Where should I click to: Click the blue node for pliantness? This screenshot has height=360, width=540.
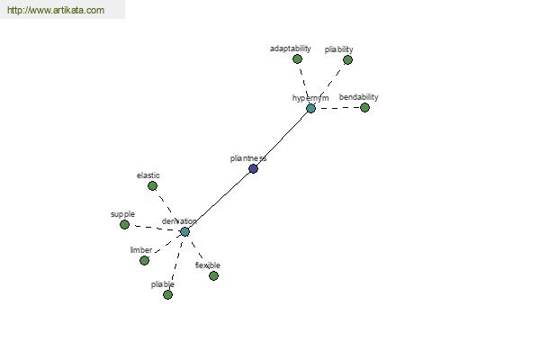(253, 169)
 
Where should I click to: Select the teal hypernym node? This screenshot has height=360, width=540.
(310, 109)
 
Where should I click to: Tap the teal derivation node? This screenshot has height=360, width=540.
(184, 232)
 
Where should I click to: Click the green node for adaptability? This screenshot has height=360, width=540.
(297, 59)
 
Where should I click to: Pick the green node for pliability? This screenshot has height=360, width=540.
(347, 60)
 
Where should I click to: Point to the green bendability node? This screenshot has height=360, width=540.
(364, 108)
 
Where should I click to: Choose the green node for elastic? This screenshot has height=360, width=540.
(152, 186)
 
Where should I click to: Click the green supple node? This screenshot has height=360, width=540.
(124, 225)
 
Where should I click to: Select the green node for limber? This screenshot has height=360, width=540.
(144, 260)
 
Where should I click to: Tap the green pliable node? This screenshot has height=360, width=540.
(167, 295)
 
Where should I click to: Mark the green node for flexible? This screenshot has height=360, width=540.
(213, 275)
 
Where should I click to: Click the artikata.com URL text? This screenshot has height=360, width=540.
(56, 10)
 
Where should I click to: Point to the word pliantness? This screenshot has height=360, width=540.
(248, 158)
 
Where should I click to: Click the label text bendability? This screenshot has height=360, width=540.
(359, 97)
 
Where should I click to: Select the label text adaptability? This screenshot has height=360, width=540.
(291, 49)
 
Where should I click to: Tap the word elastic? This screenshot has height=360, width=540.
(148, 175)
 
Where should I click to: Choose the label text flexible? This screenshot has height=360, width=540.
(208, 265)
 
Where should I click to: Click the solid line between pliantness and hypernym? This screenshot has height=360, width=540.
(282, 139)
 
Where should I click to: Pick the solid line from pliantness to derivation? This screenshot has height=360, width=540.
(219, 201)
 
